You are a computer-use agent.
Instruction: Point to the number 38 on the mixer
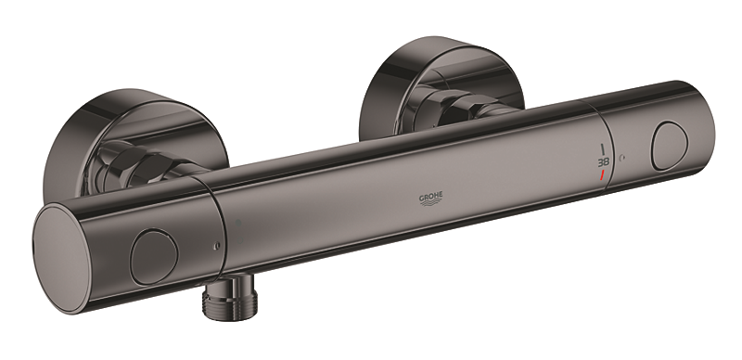603,161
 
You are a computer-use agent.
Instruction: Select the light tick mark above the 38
604,148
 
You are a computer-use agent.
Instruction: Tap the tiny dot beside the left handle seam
214,247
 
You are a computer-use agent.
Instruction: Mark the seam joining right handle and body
594,139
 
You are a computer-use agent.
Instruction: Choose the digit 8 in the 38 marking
607,161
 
